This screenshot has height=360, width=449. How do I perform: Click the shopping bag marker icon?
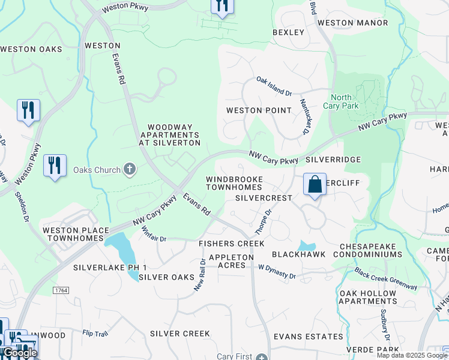pyautogui.click(x=315, y=184)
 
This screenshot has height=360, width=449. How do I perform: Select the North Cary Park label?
pyautogui.click(x=341, y=101)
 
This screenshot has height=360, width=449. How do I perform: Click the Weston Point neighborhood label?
pyautogui.click(x=259, y=110)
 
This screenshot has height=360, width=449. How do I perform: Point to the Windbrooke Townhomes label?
pyautogui.click(x=234, y=184)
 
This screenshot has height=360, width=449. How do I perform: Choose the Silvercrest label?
pyautogui.click(x=264, y=198)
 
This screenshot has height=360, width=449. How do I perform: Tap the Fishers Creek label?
pyautogui.click(x=232, y=244)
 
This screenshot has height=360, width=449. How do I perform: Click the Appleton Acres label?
pyautogui.click(x=231, y=261)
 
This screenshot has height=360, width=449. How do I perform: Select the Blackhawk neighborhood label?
pyautogui.click(x=299, y=254)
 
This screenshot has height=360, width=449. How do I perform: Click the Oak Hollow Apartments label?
pyautogui.click(x=368, y=297)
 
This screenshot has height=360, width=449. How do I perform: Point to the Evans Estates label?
pyautogui.click(x=308, y=337)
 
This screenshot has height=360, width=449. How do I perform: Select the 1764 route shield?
pyautogui.click(x=61, y=290)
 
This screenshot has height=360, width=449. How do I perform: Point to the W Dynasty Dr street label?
pyautogui.click(x=277, y=273)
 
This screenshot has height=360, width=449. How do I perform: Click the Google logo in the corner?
pyautogui.click(x=20, y=353)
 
